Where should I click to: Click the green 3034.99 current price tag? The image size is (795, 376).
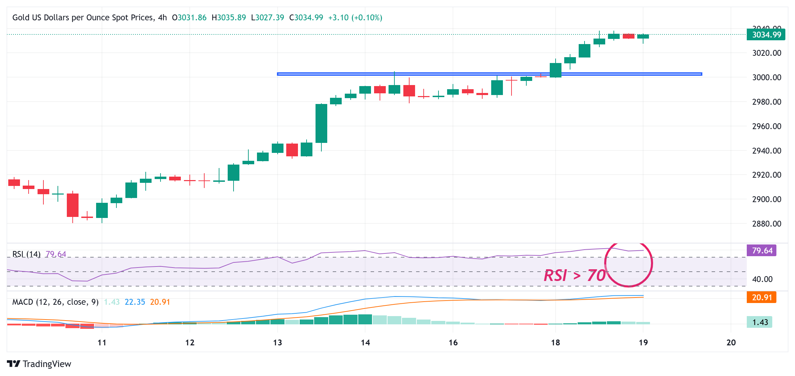coord(766,35)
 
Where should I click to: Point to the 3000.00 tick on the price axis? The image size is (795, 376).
coord(766,77)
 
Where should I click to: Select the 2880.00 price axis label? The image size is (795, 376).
coord(766,224)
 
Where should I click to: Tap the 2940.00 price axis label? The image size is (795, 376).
coord(766,151)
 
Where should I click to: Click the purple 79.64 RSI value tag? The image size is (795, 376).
coord(762,251)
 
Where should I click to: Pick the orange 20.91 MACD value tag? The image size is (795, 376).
coord(761,297)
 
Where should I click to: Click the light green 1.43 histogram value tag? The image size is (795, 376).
coord(760,322)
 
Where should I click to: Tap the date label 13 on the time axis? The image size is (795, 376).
coord(277,343)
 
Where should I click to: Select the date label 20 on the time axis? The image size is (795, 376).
coord(731,343)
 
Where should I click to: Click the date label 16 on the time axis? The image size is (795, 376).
coord(453,343)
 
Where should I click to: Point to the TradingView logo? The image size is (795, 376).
coord(39,364)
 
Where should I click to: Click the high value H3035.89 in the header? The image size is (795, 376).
coord(229,18)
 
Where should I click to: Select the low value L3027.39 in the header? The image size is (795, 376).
coord(267,18)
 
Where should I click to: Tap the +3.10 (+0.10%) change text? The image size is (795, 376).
coord(355,18)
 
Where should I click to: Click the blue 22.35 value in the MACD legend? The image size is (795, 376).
coord(135,302)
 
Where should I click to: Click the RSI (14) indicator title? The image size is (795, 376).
coord(27,254)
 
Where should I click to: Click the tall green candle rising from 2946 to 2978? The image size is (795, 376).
coord(321,123)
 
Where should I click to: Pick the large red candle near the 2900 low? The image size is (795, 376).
coord(73,205)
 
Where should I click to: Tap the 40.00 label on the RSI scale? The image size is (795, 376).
coord(762,279)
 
